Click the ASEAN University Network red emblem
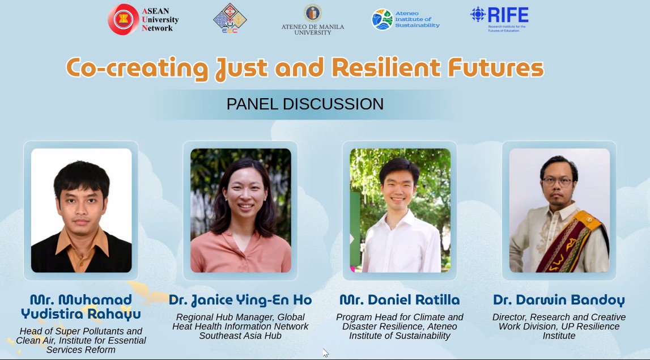(x=124, y=19)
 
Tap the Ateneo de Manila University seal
(x=313, y=13)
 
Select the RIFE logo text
(x=508, y=15)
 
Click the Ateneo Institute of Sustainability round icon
(x=382, y=19)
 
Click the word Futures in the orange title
(x=496, y=68)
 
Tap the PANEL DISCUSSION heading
(x=305, y=104)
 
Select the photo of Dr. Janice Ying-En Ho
(x=241, y=210)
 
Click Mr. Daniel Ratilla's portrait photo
(x=400, y=210)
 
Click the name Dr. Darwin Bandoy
(x=559, y=300)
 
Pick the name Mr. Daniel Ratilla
(x=400, y=300)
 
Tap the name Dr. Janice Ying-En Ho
(x=240, y=300)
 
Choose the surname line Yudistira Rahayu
(x=81, y=314)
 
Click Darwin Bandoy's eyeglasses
(x=558, y=181)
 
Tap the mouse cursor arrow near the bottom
(x=325, y=353)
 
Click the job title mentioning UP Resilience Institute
(x=559, y=327)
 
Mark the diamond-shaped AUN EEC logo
(x=230, y=18)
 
